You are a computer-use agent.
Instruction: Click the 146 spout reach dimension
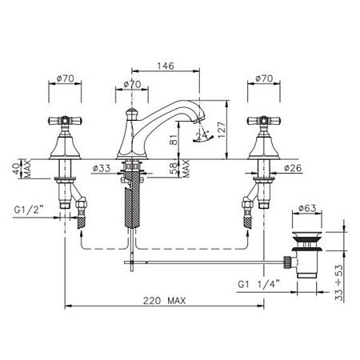point(166,66)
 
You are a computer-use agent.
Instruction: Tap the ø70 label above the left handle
point(65,78)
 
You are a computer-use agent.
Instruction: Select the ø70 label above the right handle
point(264,78)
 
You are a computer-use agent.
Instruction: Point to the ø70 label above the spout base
point(132,84)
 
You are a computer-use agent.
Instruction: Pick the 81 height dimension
point(174,139)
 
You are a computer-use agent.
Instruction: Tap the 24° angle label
point(202,135)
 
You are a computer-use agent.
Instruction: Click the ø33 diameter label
point(102,168)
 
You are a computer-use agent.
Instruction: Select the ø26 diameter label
point(293,168)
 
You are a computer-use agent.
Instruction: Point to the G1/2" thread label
point(29,210)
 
